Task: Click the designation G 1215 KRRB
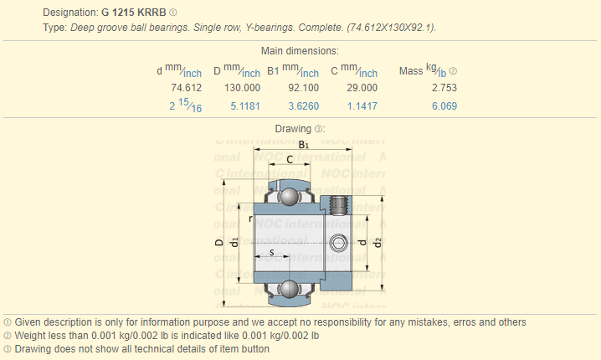(x=133, y=13)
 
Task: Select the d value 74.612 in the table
(x=187, y=88)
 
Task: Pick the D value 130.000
(x=242, y=88)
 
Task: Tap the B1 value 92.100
(x=304, y=88)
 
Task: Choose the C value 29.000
(x=362, y=88)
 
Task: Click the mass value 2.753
(x=444, y=88)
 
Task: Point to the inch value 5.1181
(x=245, y=106)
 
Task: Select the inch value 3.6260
(x=304, y=106)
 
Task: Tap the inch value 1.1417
(x=362, y=106)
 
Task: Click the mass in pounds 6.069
(x=444, y=106)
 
